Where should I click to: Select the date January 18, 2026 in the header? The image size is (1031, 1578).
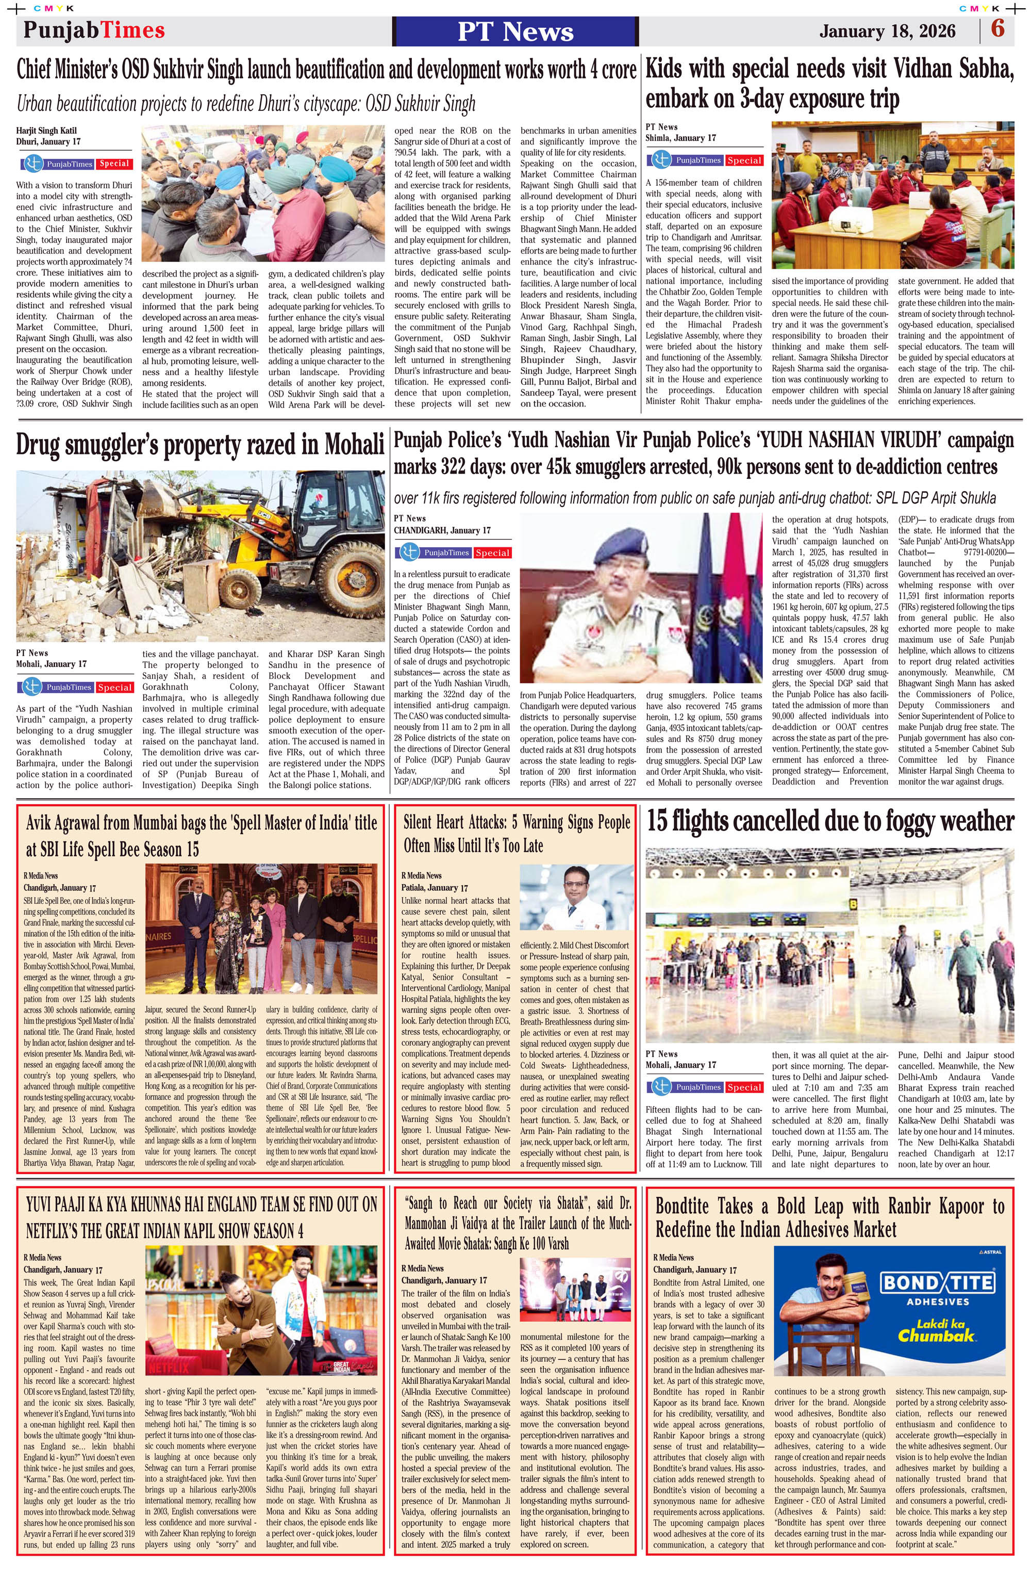click(x=887, y=31)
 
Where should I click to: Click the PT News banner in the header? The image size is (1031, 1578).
click(x=515, y=31)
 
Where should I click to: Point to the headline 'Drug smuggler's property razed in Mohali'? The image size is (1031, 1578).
click(x=200, y=445)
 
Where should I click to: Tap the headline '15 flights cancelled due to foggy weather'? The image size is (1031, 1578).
click(x=829, y=821)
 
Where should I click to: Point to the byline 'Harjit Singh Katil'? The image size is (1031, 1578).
click(x=46, y=131)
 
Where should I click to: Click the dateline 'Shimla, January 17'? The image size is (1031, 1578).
click(x=680, y=138)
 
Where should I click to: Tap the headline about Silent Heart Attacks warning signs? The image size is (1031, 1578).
click(x=516, y=834)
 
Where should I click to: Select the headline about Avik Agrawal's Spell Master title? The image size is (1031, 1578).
click(x=202, y=835)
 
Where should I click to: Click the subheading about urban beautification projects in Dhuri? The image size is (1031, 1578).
click(x=246, y=104)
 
